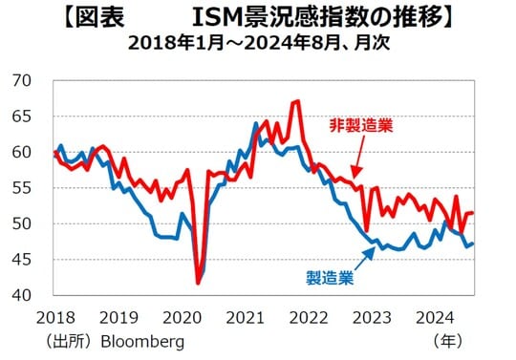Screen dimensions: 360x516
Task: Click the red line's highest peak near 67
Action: coord(299,100)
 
